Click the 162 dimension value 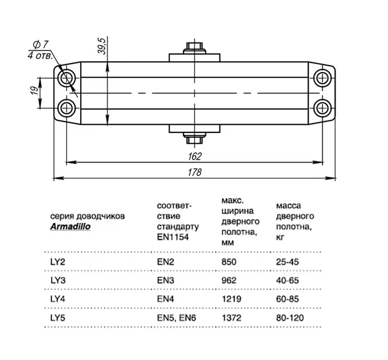pos(196,156)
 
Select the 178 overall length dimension pos(196,172)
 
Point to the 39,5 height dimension pos(101,48)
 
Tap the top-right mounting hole pos(323,78)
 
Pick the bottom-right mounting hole pos(323,106)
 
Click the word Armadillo pos(70,227)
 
